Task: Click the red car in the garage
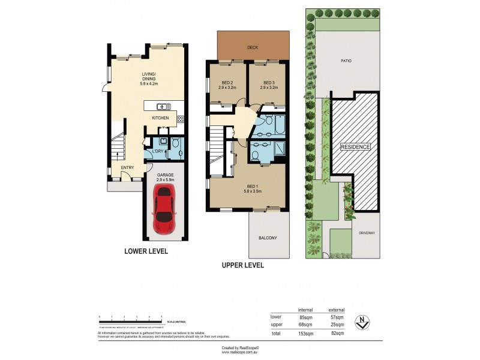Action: point(164,208)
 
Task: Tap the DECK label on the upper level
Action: point(251,47)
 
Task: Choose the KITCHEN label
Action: point(160,118)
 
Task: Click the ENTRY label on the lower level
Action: point(128,167)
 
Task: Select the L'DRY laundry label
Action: point(158,151)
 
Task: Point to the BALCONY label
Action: point(268,238)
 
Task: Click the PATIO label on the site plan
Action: point(346,61)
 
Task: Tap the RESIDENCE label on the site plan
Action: point(355,147)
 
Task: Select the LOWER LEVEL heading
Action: point(146,251)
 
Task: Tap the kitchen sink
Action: point(163,107)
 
